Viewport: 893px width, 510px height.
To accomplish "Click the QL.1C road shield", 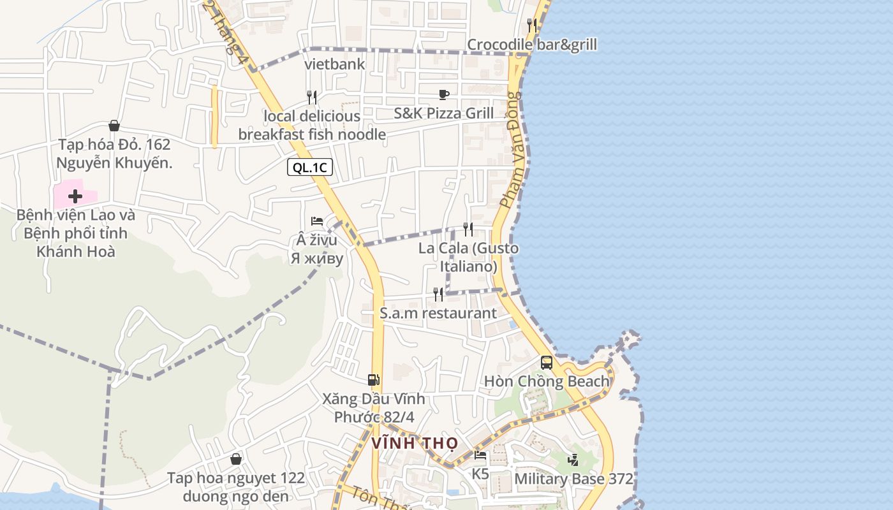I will (x=310, y=168).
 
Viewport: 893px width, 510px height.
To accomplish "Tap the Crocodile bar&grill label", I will (x=532, y=45).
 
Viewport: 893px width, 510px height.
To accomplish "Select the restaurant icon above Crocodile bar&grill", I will (x=532, y=25).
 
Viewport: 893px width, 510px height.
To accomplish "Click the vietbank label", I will (x=335, y=64).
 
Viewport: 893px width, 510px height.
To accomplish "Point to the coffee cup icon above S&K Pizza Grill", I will (x=444, y=94).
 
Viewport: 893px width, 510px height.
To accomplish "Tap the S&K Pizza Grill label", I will (x=444, y=113).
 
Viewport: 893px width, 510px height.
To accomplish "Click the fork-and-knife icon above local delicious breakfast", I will (x=312, y=97).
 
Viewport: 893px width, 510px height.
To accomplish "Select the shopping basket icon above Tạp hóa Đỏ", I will (x=114, y=126).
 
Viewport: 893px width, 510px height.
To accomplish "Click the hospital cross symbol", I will (x=75, y=196).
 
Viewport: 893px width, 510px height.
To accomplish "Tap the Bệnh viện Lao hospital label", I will (x=76, y=233).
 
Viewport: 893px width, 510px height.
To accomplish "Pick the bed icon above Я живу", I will (x=317, y=221).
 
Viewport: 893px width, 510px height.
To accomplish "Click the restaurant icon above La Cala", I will (x=468, y=229).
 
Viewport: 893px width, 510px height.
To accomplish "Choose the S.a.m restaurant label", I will (x=438, y=313).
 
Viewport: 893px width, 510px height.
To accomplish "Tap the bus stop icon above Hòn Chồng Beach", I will (x=547, y=362).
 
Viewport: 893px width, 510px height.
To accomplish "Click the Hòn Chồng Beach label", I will (x=547, y=381).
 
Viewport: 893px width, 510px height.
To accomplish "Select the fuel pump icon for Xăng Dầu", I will (x=374, y=380).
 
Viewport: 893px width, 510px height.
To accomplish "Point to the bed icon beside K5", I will (x=480, y=455).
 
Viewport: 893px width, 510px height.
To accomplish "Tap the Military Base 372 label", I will (x=573, y=479).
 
